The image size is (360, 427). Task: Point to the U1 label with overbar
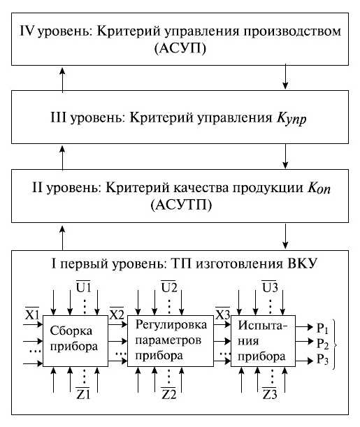click(x=83, y=287)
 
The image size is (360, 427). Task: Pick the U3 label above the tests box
click(x=268, y=287)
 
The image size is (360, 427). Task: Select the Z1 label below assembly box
click(x=83, y=406)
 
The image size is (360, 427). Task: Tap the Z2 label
click(x=168, y=406)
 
